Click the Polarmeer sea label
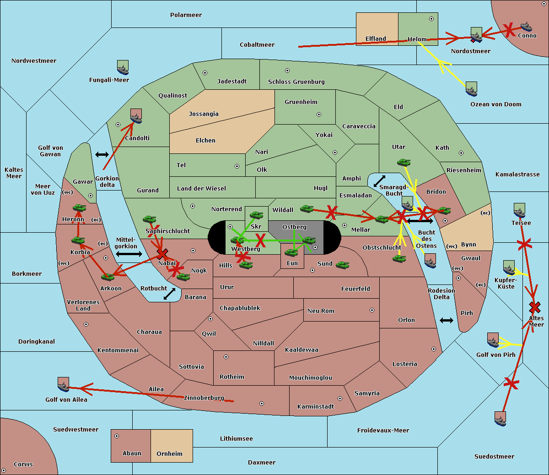pos(186,15)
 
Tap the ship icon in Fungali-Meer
pos(123,67)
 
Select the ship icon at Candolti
pos(136,116)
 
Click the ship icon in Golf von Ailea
pos(64,384)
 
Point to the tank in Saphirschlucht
pos(149,219)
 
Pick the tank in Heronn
pos(80,207)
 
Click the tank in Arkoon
pos(108,277)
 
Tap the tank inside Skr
pos(256,215)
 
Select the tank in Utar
pos(404,162)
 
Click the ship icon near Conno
pos(526,27)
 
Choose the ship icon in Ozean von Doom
pos(471,89)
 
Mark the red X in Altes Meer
pos(534,307)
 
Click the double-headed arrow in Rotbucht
pos(169,294)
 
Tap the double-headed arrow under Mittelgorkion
pos(129,254)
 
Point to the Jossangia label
pos(204,114)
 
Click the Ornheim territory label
pos(169,453)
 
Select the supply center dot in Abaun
pos(117,436)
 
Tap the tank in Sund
pos(342,265)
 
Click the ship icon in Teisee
pos(519,210)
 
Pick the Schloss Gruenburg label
pos(296,82)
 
